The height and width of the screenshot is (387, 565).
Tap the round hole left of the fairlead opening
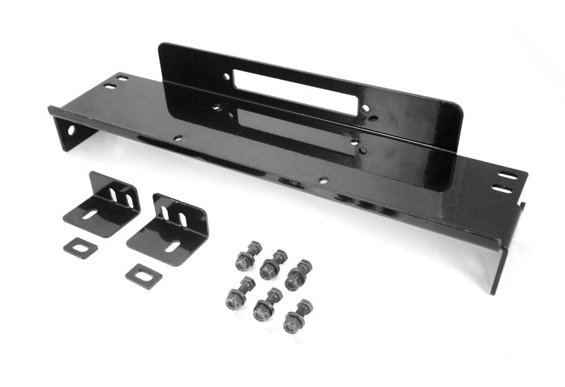[x=226, y=76]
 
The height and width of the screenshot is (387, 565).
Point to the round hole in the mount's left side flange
[x=70, y=131]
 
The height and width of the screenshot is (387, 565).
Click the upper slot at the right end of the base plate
[x=507, y=175]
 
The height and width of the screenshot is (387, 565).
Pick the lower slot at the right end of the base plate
[x=501, y=189]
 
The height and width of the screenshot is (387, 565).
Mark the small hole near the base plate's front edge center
[x=322, y=181]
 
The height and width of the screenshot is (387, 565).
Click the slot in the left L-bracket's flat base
[x=90, y=214]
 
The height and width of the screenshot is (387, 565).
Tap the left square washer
[x=79, y=248]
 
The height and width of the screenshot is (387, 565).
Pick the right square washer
[x=143, y=275]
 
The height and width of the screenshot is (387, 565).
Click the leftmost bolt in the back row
[x=248, y=256]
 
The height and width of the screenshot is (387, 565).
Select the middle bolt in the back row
[x=273, y=264]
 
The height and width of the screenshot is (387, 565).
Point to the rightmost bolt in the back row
[x=299, y=275]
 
